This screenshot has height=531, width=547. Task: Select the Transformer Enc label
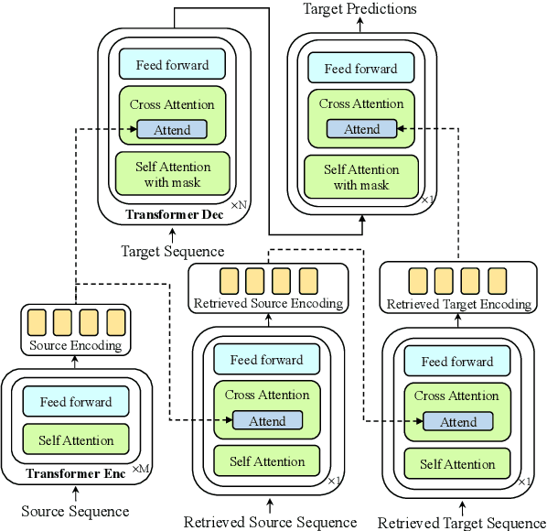pyautogui.click(x=74, y=473)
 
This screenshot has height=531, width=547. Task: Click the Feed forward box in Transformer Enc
pyautogui.click(x=76, y=402)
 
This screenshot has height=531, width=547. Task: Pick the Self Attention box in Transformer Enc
pyautogui.click(x=76, y=440)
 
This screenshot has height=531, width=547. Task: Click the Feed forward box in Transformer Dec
pyautogui.click(x=172, y=65)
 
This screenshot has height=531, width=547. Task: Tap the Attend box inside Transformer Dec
pyautogui.click(x=172, y=130)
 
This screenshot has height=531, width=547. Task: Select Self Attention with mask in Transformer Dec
pyautogui.click(x=172, y=174)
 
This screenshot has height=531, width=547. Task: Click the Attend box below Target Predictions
pyautogui.click(x=362, y=129)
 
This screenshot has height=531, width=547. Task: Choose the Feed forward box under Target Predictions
pyautogui.click(x=361, y=68)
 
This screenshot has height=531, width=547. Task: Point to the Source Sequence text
pyautogui.click(x=75, y=511)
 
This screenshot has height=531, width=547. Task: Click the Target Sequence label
pyautogui.click(x=172, y=251)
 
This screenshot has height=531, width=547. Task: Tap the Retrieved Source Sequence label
pyautogui.click(x=270, y=522)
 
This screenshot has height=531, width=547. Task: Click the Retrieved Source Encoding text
pyautogui.click(x=268, y=303)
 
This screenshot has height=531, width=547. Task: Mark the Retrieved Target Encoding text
pyautogui.click(x=459, y=304)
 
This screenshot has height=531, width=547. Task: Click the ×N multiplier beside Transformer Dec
pyautogui.click(x=238, y=206)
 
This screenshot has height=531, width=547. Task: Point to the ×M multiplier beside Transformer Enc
pyautogui.click(x=140, y=469)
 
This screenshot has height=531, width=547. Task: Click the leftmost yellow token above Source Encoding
pyautogui.click(x=37, y=322)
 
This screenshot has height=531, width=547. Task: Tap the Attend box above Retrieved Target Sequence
pyautogui.click(x=458, y=422)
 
